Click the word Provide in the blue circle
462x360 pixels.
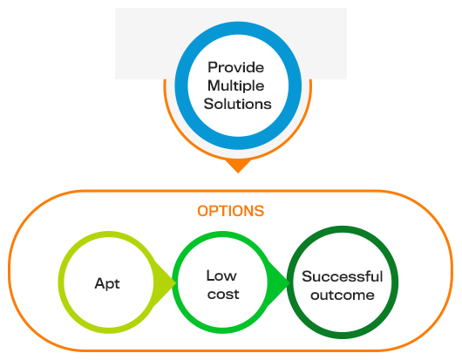click(235, 67)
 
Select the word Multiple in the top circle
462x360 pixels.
click(235, 86)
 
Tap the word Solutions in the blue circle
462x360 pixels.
click(237, 104)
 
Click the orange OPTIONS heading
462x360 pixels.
click(231, 211)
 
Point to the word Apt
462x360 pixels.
click(107, 284)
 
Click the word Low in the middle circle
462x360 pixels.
click(221, 275)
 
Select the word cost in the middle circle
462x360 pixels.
click(223, 295)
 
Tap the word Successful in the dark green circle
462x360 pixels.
click(343, 276)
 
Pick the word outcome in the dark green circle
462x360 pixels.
click(343, 295)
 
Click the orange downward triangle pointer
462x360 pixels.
click(238, 166)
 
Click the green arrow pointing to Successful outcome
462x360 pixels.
click(278, 282)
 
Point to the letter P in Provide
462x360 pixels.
click(213, 67)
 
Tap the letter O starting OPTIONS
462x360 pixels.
click(203, 211)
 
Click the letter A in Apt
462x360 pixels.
click(100, 283)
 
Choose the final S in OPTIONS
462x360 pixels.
click(259, 211)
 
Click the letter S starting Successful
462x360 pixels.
click(307, 276)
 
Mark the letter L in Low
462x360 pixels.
click(210, 275)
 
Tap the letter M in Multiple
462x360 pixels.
click(214, 85)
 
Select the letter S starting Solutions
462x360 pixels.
click(208, 104)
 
